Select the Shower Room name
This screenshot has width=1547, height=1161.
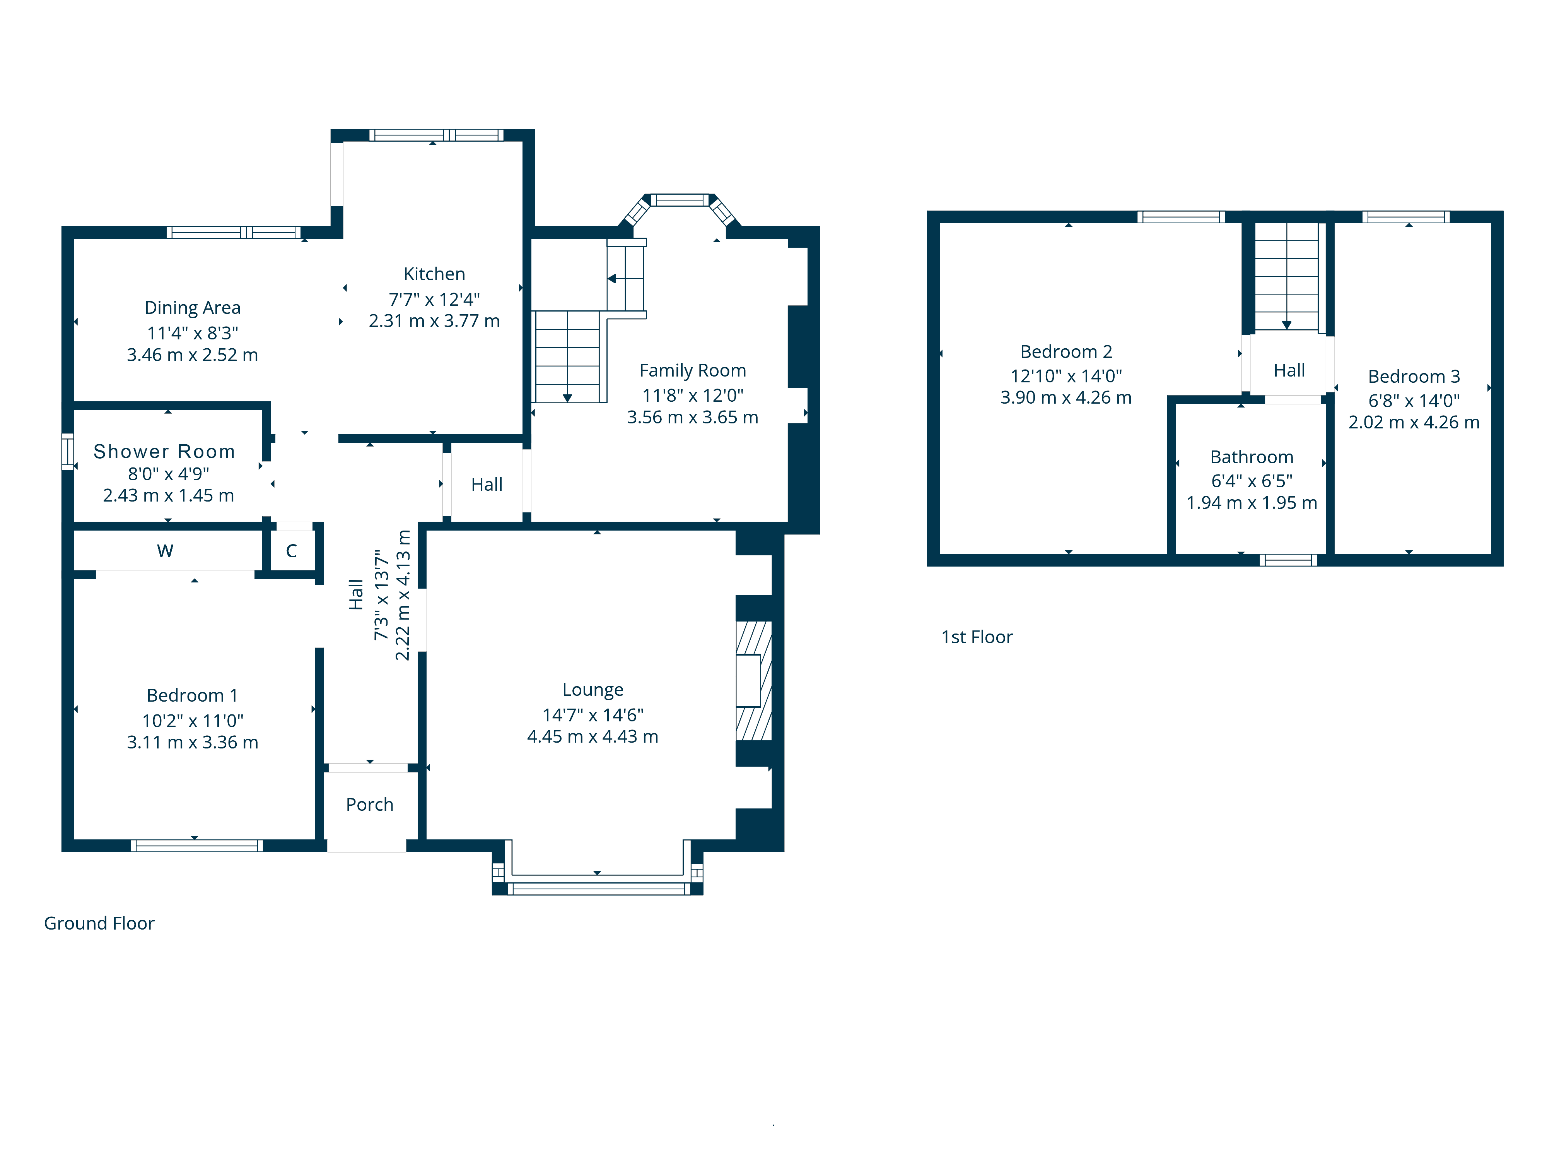coord(164,451)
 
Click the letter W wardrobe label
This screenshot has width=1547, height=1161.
coord(165,551)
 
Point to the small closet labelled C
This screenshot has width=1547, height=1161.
coord(292,551)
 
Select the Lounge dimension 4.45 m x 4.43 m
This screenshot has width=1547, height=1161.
coord(593,736)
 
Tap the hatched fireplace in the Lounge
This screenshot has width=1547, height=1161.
coord(753,680)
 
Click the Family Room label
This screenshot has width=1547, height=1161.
coord(692,370)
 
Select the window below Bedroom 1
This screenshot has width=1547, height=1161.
coord(196,845)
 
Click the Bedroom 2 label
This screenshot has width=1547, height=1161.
coord(1066,351)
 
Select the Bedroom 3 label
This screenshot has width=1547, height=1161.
coord(1414,377)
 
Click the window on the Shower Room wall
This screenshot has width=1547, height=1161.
coord(68,451)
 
